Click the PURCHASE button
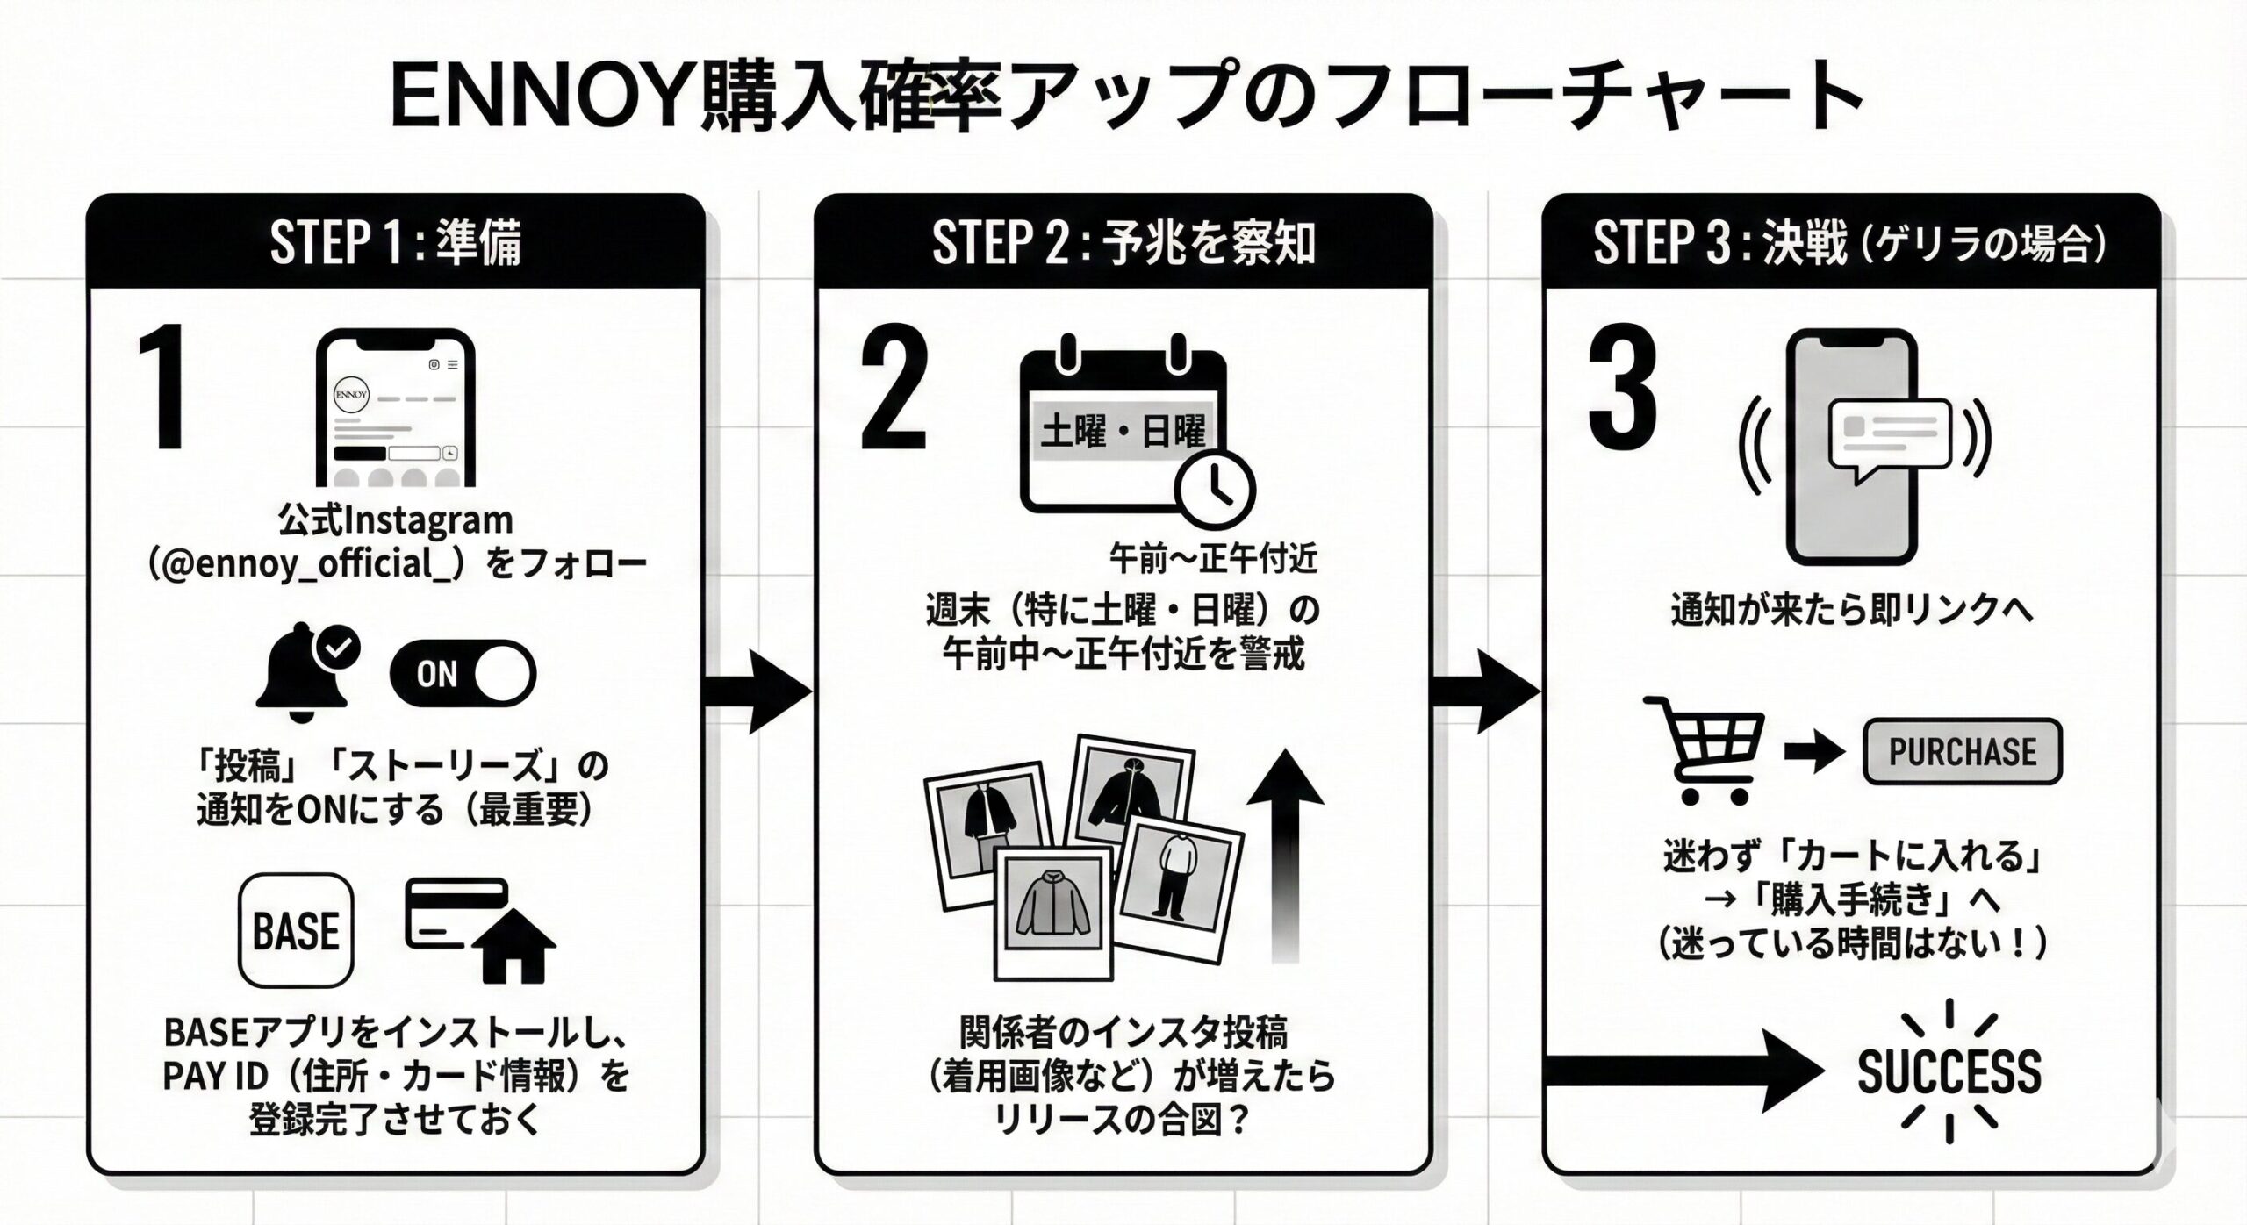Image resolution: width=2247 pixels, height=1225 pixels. tap(1962, 752)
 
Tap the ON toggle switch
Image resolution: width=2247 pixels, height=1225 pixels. tap(463, 674)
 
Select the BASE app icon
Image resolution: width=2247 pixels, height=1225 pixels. tap(297, 930)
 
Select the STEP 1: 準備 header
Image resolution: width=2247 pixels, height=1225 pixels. tap(395, 243)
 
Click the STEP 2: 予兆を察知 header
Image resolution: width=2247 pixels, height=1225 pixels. tap(1123, 243)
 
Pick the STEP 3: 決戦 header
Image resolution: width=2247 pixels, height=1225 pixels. tap(1850, 243)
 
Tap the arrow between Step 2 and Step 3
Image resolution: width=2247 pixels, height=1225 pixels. tap(1486, 692)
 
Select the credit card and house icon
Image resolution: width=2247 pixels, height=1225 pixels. tap(478, 930)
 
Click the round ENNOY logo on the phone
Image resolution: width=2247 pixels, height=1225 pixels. tap(351, 394)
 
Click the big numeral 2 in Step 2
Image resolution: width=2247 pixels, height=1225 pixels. tap(894, 389)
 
